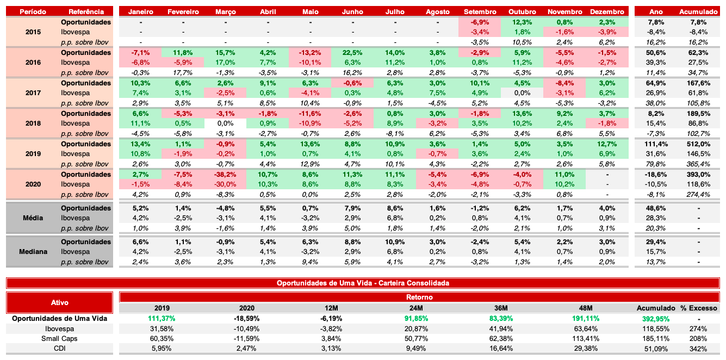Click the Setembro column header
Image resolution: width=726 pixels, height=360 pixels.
[480, 11]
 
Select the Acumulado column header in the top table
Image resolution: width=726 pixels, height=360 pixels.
[698, 11]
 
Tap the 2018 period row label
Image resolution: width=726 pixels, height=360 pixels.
[33, 123]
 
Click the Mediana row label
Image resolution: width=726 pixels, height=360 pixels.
[33, 252]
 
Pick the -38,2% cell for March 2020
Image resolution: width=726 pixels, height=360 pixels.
[226, 175]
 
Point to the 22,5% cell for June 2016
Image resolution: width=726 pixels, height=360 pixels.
[353, 53]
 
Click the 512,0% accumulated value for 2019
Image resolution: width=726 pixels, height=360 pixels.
[698, 144]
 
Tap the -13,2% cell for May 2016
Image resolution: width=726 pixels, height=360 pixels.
[311, 53]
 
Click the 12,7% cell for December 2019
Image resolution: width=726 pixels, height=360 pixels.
[606, 144]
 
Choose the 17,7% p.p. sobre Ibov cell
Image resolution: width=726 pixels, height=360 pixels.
[183, 72]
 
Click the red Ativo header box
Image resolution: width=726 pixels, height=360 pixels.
[60, 302]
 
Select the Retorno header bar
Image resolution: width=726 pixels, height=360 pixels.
[419, 297]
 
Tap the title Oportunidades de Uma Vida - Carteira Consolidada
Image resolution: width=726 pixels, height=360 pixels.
[363, 283]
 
